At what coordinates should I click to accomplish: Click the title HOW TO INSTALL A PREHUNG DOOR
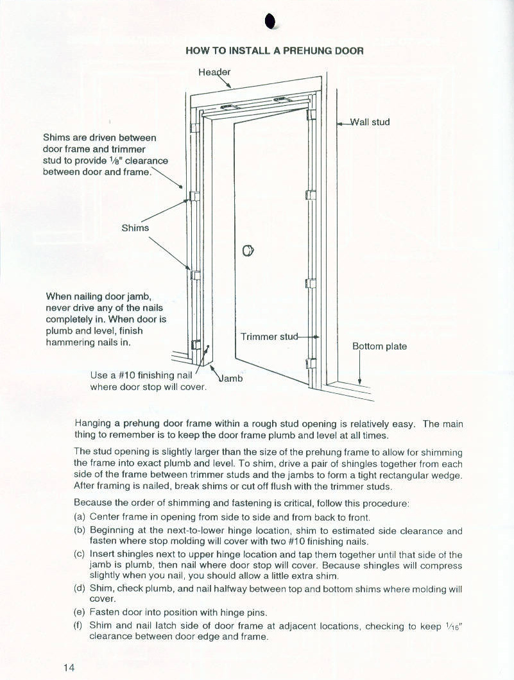(x=275, y=51)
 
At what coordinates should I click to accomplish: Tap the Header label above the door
(x=214, y=72)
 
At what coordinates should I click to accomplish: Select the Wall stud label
(x=370, y=122)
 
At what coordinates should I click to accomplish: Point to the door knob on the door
(x=248, y=251)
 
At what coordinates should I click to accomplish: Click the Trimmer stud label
(x=270, y=337)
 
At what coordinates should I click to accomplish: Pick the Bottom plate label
(x=379, y=346)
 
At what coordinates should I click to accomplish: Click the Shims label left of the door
(x=135, y=228)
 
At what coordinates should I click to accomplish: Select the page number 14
(x=69, y=667)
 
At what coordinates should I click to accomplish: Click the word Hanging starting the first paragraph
(x=93, y=423)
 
